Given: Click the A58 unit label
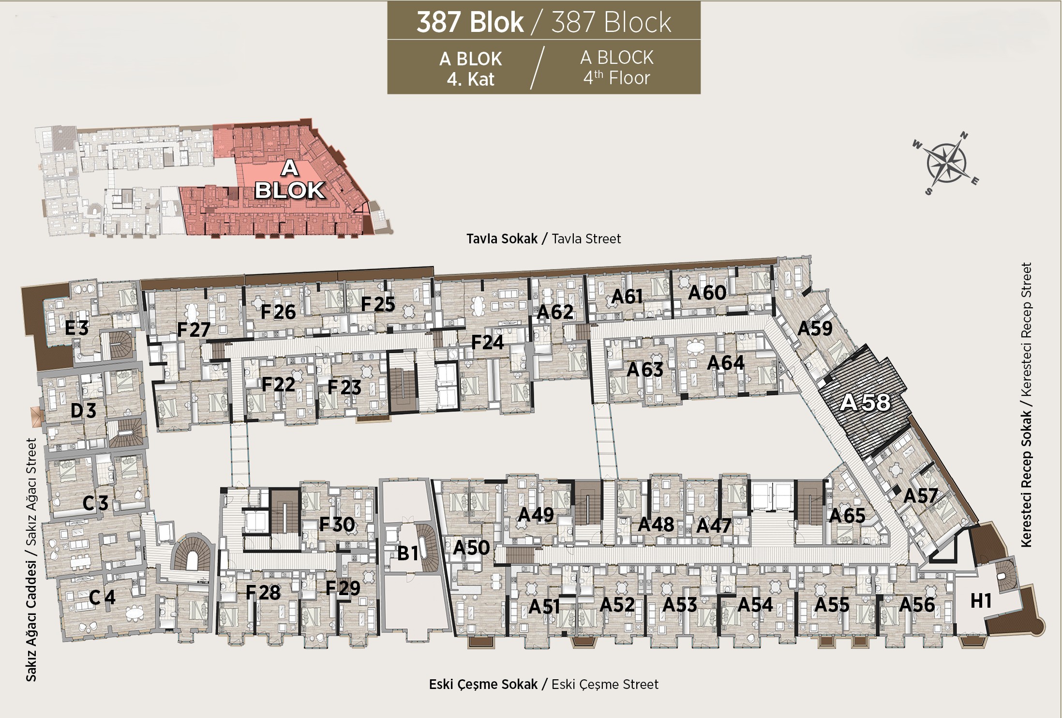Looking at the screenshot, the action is coord(865,402).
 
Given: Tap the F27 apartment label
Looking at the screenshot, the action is coord(194,330).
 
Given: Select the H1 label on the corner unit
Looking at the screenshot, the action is coord(981,600).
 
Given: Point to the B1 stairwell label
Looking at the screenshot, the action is coord(407,553).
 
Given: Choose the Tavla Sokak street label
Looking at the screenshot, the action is coord(502,239).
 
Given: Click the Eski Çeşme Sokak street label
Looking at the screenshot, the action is coord(483,684).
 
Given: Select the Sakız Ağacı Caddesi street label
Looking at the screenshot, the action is coord(31,621).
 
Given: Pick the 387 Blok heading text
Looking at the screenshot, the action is coord(470,22).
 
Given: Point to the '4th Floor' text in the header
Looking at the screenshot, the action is coord(616,77).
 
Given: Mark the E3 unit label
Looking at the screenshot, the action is coord(77,329).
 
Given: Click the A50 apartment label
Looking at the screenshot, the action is coord(471,548).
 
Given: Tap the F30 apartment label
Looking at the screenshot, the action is coord(337,524).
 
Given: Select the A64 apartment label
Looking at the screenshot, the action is coord(725,363).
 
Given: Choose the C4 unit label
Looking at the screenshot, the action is coord(102,598).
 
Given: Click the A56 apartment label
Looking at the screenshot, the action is coord(917,605).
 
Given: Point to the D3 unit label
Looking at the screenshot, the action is coord(83,411).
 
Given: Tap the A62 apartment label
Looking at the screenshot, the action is coord(555,312).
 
